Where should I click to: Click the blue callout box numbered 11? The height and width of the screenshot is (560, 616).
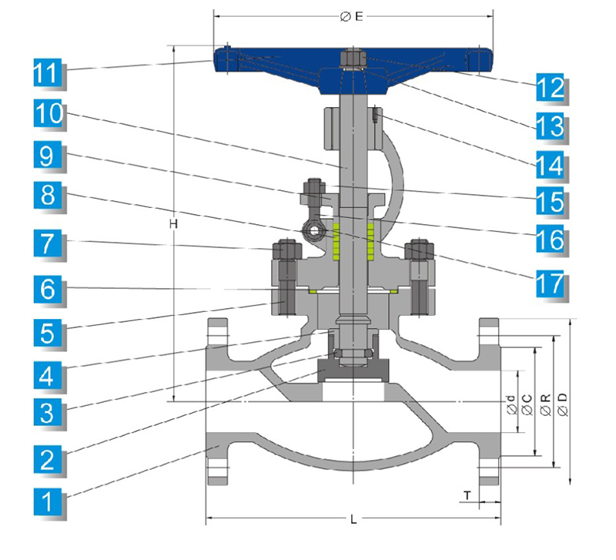[x=47, y=74]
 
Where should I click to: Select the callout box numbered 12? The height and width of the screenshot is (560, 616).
[x=551, y=88]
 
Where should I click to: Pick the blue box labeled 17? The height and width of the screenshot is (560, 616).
[x=551, y=283]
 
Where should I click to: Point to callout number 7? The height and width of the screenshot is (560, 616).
[x=47, y=246]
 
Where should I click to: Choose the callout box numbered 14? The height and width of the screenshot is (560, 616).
[x=551, y=163]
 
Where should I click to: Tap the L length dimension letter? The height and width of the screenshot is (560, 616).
[x=353, y=520]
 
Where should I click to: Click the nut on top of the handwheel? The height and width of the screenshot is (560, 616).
[x=351, y=59]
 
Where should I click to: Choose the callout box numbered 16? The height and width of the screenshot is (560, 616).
[x=551, y=240]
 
